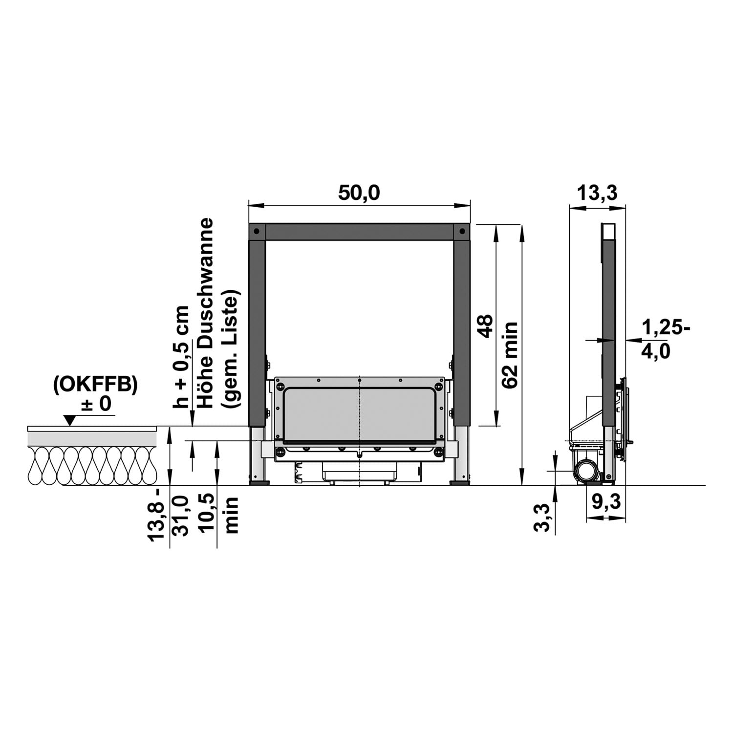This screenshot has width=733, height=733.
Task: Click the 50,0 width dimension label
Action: pos(359,193)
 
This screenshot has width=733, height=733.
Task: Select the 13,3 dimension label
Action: pos(597,193)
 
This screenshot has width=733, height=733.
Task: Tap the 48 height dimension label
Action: pos(486,326)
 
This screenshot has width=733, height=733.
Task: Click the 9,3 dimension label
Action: pos(605,502)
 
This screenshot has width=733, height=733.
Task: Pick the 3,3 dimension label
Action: pos(543,517)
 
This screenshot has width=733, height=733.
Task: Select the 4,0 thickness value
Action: pos(656,351)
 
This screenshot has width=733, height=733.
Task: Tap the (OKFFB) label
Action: pos(95,385)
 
